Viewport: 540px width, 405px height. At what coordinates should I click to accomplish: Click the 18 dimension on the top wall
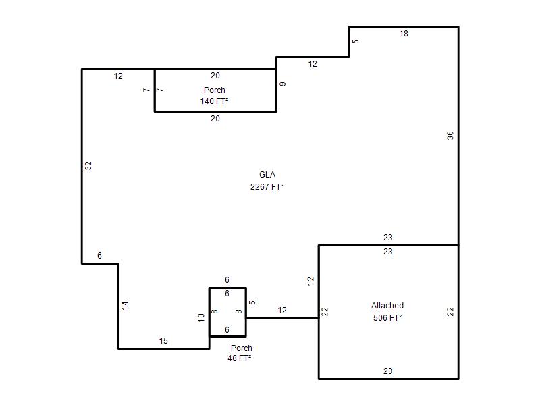(404, 34)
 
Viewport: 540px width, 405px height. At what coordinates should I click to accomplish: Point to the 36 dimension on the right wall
(450, 136)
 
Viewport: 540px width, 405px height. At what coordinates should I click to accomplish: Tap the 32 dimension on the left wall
(88, 166)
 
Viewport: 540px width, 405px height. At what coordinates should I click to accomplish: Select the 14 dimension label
(125, 305)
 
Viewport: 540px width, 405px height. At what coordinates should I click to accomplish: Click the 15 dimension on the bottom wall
(163, 341)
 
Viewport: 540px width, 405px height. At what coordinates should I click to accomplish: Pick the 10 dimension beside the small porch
(201, 317)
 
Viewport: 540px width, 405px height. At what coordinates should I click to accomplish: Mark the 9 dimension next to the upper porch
(282, 84)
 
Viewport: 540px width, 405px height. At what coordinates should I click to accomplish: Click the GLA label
(267, 175)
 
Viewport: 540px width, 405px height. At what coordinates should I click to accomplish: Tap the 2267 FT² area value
(267, 187)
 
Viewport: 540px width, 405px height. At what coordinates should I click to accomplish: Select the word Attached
(387, 306)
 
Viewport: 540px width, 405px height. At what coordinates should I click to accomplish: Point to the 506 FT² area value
(387, 317)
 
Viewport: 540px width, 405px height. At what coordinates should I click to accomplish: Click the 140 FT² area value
(214, 101)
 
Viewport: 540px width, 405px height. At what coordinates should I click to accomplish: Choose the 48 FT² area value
(240, 358)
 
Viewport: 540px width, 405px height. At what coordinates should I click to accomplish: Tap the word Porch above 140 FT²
(214, 90)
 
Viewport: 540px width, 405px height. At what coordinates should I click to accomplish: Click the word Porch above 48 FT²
(242, 348)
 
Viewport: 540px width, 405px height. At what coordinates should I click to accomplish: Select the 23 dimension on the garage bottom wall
(387, 371)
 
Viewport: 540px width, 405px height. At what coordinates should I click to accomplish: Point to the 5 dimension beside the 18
(356, 41)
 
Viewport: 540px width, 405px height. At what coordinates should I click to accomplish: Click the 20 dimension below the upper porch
(215, 119)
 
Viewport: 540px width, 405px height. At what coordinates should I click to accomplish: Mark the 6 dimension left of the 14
(99, 256)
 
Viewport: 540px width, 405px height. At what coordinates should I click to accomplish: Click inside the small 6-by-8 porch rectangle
(227, 312)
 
